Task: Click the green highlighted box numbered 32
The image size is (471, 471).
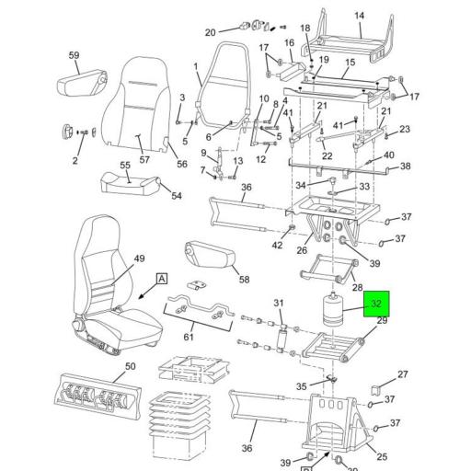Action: pyautogui.click(x=376, y=304)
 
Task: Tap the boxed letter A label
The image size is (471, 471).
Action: pyautogui.click(x=162, y=278)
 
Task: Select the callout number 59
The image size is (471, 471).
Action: pyautogui.click(x=75, y=55)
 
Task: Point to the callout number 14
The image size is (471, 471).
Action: pyautogui.click(x=360, y=16)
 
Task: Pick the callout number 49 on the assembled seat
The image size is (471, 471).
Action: pyautogui.click(x=140, y=258)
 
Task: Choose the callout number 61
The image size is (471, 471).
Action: pyautogui.click(x=188, y=337)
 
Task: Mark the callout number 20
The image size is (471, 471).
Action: pyautogui.click(x=209, y=32)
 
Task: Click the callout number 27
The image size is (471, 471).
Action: pyautogui.click(x=402, y=374)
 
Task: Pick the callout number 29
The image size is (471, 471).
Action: pyautogui.click(x=383, y=319)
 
